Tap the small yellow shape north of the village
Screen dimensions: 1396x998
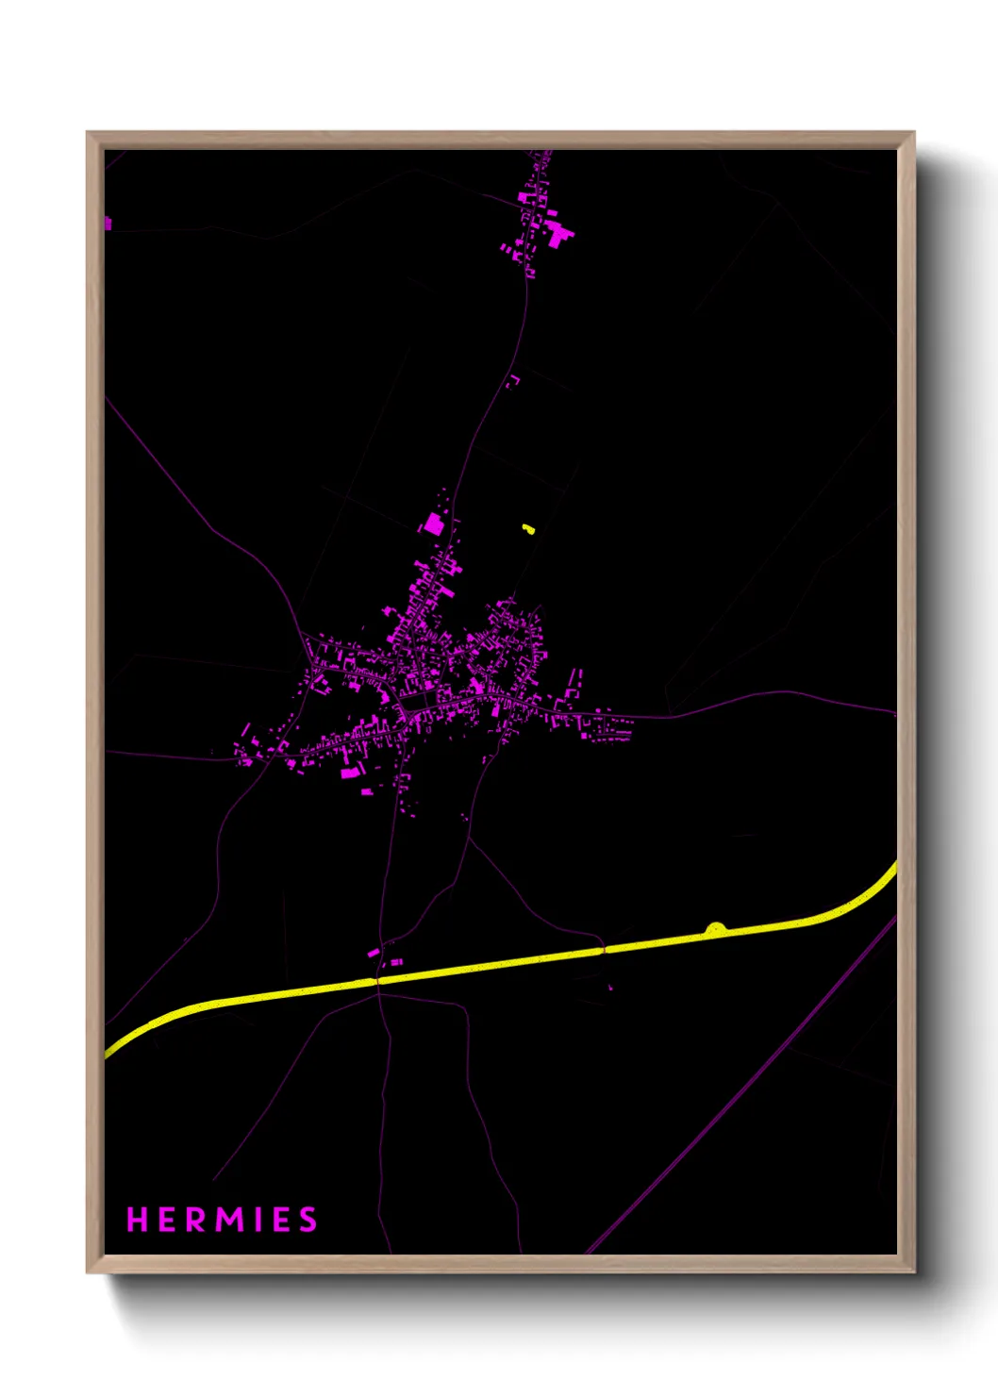tap(528, 529)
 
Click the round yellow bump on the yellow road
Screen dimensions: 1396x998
tap(716, 929)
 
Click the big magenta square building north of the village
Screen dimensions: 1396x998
tap(433, 523)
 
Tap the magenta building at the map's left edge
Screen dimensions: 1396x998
tap(108, 224)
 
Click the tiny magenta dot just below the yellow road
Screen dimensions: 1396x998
tap(610, 988)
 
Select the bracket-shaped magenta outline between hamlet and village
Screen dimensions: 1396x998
tap(514, 381)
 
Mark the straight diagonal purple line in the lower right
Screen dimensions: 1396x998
tap(745, 1085)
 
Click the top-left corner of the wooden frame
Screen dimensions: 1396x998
tap(89, 134)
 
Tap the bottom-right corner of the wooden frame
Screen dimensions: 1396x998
tap(913, 1271)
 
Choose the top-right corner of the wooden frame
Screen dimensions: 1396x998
tap(913, 134)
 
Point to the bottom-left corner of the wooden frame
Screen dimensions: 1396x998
tap(89, 1271)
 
